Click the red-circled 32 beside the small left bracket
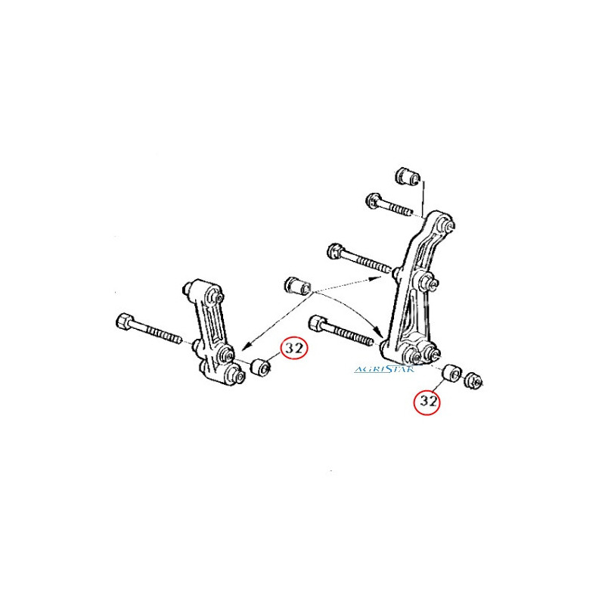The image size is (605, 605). tap(295, 349)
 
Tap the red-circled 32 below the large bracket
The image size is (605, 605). tap(427, 402)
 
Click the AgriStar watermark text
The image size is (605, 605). tap(384, 369)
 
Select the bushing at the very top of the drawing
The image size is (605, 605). tap(408, 176)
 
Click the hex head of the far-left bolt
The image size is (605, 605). tap(124, 321)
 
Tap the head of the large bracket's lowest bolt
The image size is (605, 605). tap(318, 323)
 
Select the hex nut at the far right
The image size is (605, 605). tap(474, 381)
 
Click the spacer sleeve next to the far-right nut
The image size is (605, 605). tap(451, 372)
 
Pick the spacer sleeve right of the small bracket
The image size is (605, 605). tap(261, 367)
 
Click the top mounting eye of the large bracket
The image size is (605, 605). tap(448, 225)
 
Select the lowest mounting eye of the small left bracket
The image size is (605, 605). tap(235, 374)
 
